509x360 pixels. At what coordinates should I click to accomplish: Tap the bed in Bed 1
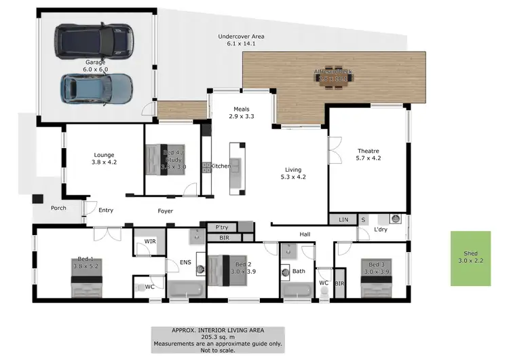87,278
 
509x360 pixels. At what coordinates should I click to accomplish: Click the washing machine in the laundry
394,219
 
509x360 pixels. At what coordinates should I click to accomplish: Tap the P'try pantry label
221,227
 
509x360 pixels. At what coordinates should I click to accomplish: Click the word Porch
58,208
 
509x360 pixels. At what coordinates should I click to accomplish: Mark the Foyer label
165,211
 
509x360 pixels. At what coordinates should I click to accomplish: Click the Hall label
305,234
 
